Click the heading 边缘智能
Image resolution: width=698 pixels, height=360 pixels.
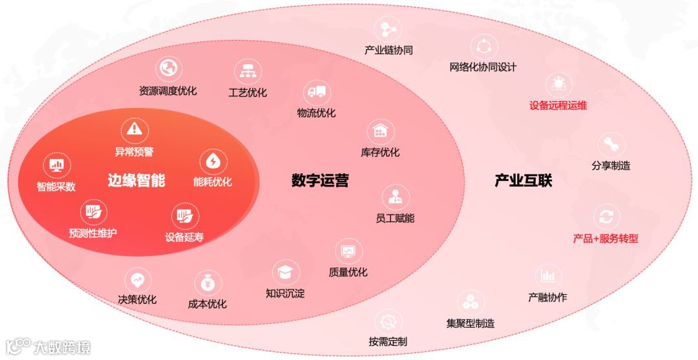click(x=136, y=180)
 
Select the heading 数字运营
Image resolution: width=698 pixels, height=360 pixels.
click(x=320, y=180)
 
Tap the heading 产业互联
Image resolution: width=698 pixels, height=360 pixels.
click(x=523, y=180)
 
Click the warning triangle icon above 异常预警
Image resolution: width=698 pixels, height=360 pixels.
click(x=134, y=129)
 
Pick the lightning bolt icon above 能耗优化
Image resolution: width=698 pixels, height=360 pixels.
click(x=212, y=161)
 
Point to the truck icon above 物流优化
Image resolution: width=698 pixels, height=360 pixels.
click(x=316, y=92)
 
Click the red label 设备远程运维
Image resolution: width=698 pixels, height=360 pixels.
click(x=558, y=105)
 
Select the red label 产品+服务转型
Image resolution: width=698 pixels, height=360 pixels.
click(x=606, y=238)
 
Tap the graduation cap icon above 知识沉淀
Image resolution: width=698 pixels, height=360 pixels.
click(x=284, y=271)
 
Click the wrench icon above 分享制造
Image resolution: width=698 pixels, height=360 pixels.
click(x=610, y=144)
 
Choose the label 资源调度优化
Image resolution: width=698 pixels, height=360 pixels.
click(x=168, y=91)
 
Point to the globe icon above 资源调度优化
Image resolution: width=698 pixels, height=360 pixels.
click(x=169, y=67)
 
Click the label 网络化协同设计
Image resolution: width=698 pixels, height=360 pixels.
click(x=483, y=67)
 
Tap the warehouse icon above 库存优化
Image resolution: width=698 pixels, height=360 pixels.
click(x=380, y=131)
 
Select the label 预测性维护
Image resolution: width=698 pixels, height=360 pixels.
click(x=93, y=233)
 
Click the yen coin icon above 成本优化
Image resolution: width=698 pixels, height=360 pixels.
click(x=208, y=282)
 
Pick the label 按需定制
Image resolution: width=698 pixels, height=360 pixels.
click(x=388, y=341)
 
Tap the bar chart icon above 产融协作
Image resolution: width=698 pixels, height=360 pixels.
click(x=547, y=275)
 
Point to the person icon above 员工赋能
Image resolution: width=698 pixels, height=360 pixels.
click(x=394, y=196)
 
